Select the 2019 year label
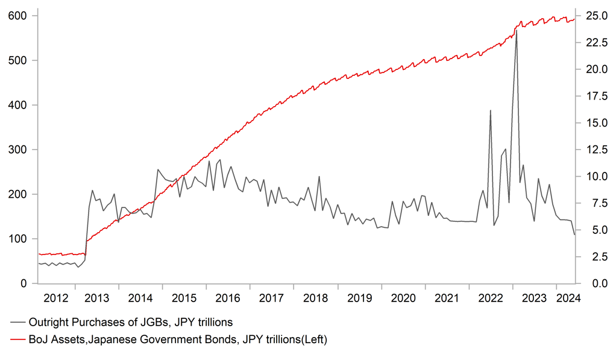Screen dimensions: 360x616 tap(360, 298)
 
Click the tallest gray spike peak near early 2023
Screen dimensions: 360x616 tap(516, 31)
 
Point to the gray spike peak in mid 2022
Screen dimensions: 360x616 tap(490, 110)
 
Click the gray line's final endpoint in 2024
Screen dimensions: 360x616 tap(574, 235)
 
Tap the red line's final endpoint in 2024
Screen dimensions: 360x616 tap(574, 19)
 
